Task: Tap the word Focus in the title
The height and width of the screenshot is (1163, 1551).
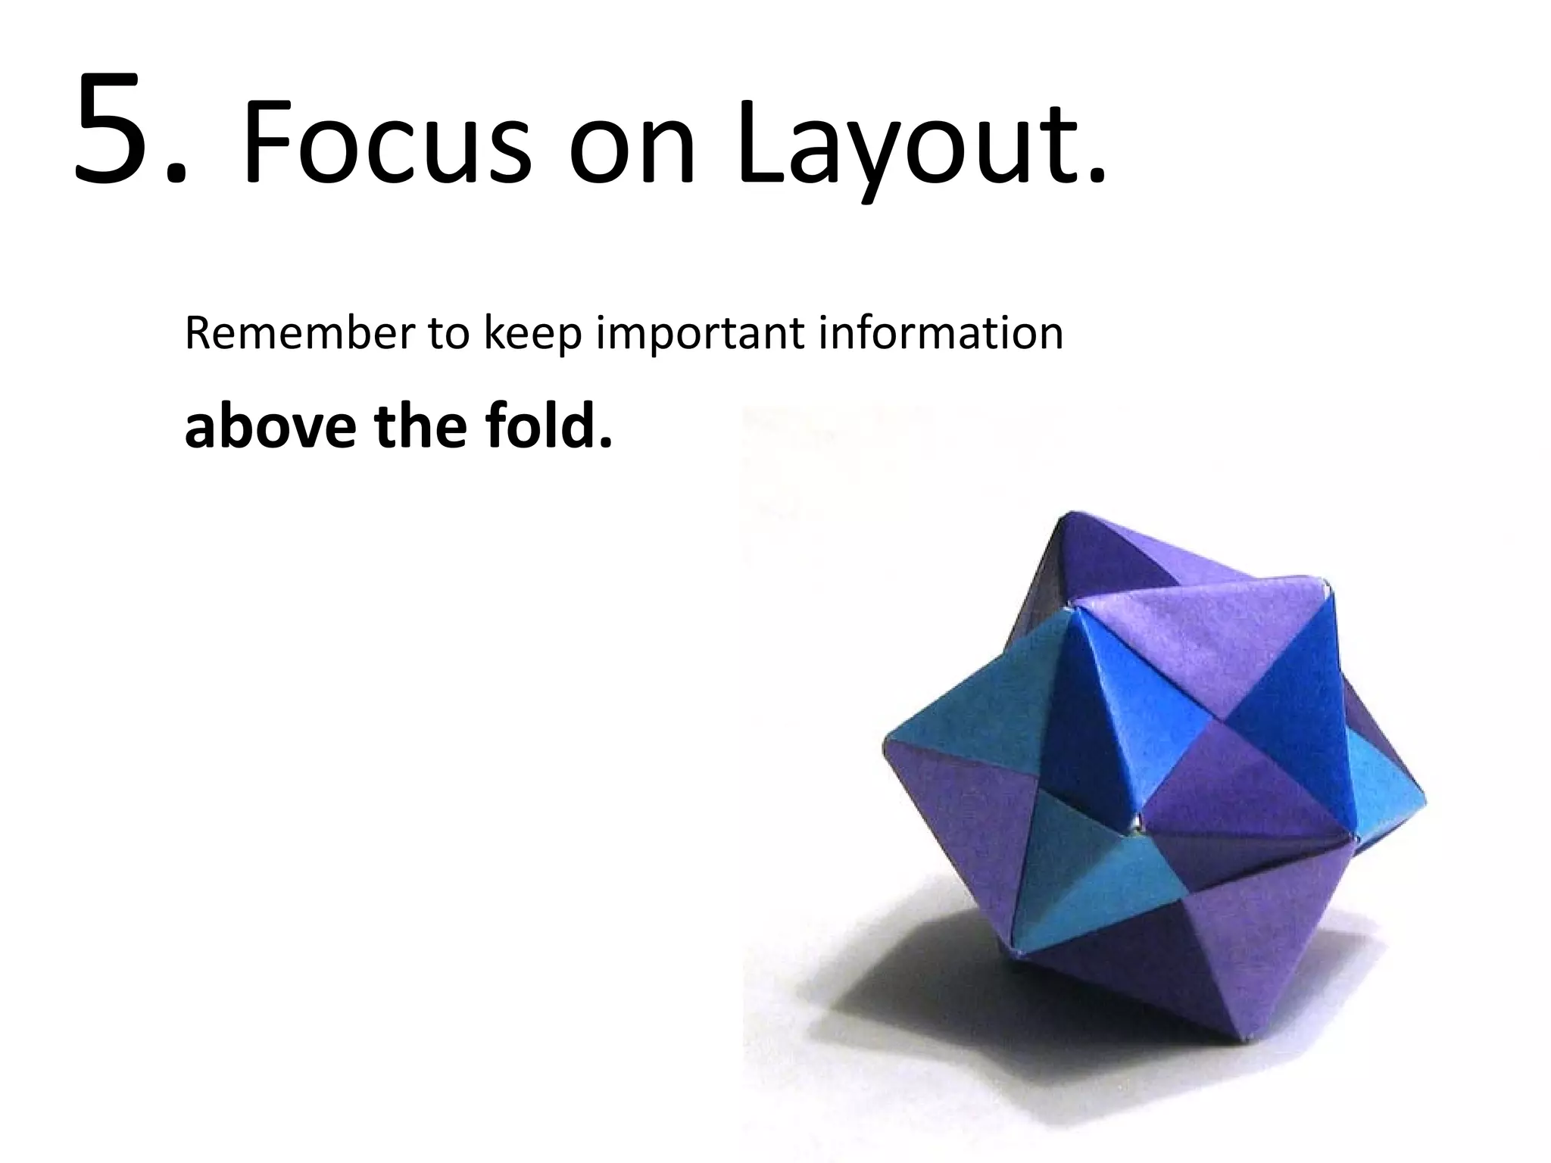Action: click(386, 144)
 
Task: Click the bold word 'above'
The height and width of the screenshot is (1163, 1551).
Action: click(269, 426)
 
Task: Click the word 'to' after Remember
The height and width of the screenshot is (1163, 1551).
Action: click(449, 335)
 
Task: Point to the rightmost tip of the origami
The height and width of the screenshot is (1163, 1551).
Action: click(1424, 799)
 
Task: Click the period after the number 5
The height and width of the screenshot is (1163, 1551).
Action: click(176, 176)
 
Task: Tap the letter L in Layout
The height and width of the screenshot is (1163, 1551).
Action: click(765, 144)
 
